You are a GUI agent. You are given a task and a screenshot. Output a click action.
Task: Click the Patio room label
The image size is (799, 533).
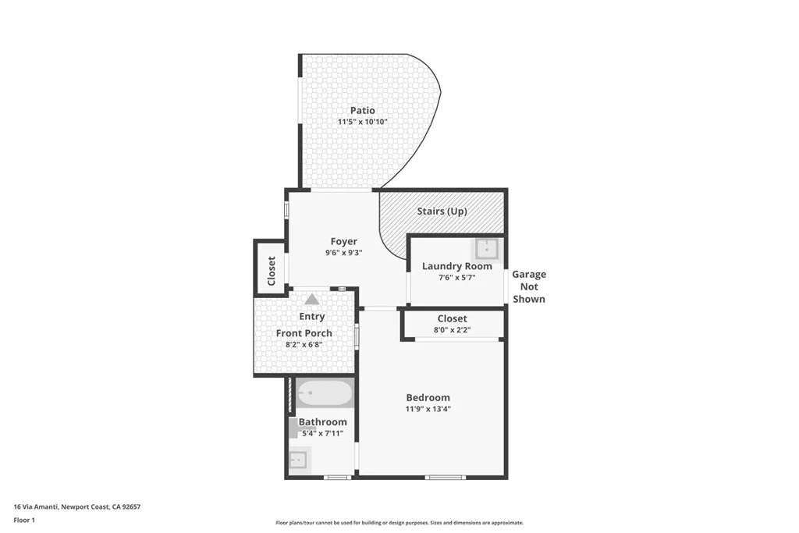362,111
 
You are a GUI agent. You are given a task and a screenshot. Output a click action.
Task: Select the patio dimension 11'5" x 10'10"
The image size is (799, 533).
362,123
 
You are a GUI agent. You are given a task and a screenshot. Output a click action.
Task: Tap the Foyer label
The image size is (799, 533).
343,241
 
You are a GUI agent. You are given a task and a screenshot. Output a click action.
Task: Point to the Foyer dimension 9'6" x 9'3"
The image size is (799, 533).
343,253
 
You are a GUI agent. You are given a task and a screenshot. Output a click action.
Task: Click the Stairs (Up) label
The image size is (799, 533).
442,211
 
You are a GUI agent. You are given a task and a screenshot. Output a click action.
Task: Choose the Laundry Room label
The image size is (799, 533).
456,266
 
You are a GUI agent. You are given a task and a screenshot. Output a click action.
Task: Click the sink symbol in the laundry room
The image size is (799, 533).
488,249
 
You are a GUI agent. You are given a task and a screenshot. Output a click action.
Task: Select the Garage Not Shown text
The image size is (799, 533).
529,286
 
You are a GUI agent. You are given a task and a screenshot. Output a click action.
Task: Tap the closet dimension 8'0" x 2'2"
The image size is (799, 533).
453,330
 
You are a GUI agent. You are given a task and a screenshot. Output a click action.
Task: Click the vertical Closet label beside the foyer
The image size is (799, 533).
272,270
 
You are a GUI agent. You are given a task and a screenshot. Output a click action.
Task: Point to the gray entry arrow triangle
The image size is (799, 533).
312,299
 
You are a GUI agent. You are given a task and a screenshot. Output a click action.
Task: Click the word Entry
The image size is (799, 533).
312,317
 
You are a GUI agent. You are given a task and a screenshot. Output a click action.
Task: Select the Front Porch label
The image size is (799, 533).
304,333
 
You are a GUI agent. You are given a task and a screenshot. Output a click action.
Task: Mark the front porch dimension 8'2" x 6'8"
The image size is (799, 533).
304,345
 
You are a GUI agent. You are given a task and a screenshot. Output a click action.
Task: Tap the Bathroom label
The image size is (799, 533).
323,422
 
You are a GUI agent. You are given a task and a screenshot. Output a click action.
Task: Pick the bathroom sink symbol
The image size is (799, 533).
298,460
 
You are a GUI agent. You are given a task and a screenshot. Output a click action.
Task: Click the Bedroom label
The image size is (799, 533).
428,397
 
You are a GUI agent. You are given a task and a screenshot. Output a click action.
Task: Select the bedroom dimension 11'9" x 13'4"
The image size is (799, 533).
428,409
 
